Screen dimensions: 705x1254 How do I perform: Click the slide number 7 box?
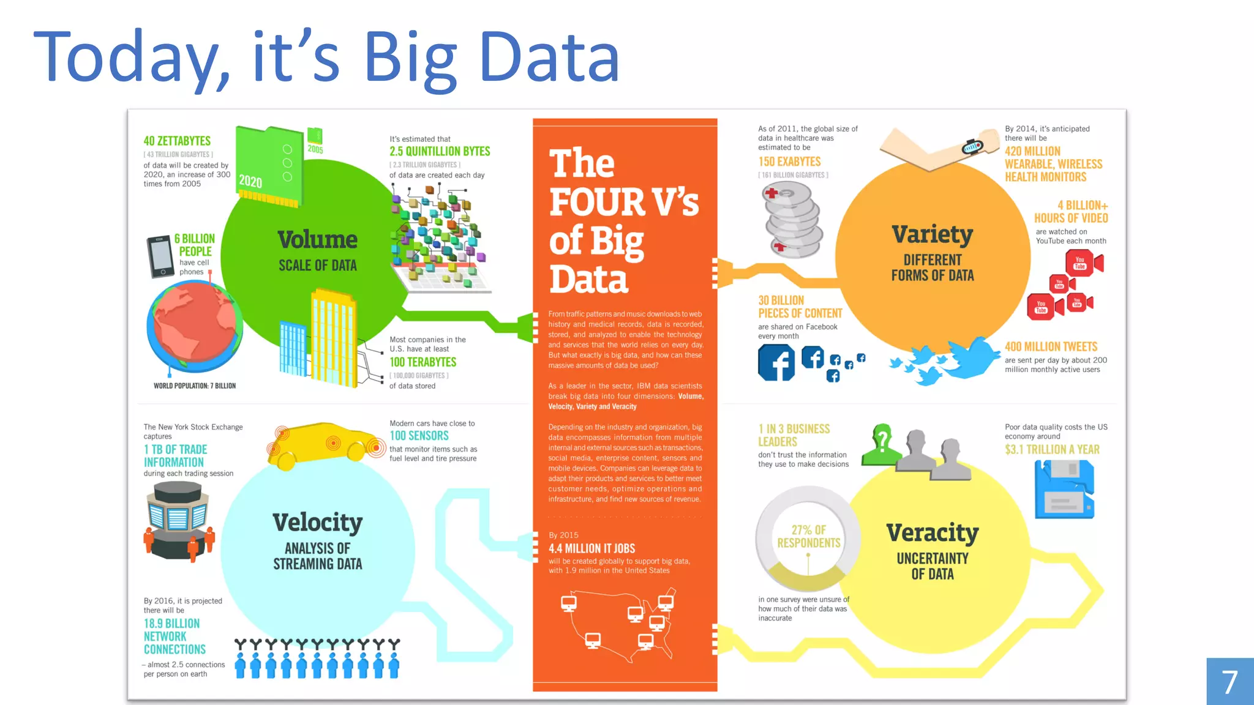click(x=1230, y=682)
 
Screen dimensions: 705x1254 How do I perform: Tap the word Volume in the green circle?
click(x=317, y=240)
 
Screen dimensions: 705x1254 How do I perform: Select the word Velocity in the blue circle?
click(x=317, y=523)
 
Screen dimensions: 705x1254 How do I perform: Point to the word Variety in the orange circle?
click(x=932, y=234)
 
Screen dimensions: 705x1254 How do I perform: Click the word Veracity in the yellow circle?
click(x=932, y=533)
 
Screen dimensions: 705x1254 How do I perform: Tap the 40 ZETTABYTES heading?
click(x=177, y=141)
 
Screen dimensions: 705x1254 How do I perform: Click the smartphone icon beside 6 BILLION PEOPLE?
click(x=160, y=256)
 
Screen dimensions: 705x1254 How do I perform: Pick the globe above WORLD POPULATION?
click(x=195, y=326)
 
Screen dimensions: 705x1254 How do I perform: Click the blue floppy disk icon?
click(x=1064, y=490)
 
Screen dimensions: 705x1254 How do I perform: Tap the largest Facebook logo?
click(x=776, y=362)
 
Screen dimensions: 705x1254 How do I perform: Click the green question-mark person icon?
click(x=881, y=446)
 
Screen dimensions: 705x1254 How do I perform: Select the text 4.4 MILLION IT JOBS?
click(x=591, y=548)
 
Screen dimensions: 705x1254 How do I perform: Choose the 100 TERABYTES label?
click(x=423, y=362)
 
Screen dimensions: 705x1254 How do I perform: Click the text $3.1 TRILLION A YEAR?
click(x=1052, y=450)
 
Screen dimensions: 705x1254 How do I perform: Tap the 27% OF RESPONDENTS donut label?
click(x=808, y=537)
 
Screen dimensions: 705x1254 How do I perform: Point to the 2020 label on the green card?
click(x=250, y=182)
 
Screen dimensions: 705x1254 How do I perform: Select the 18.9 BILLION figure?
click(x=171, y=624)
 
